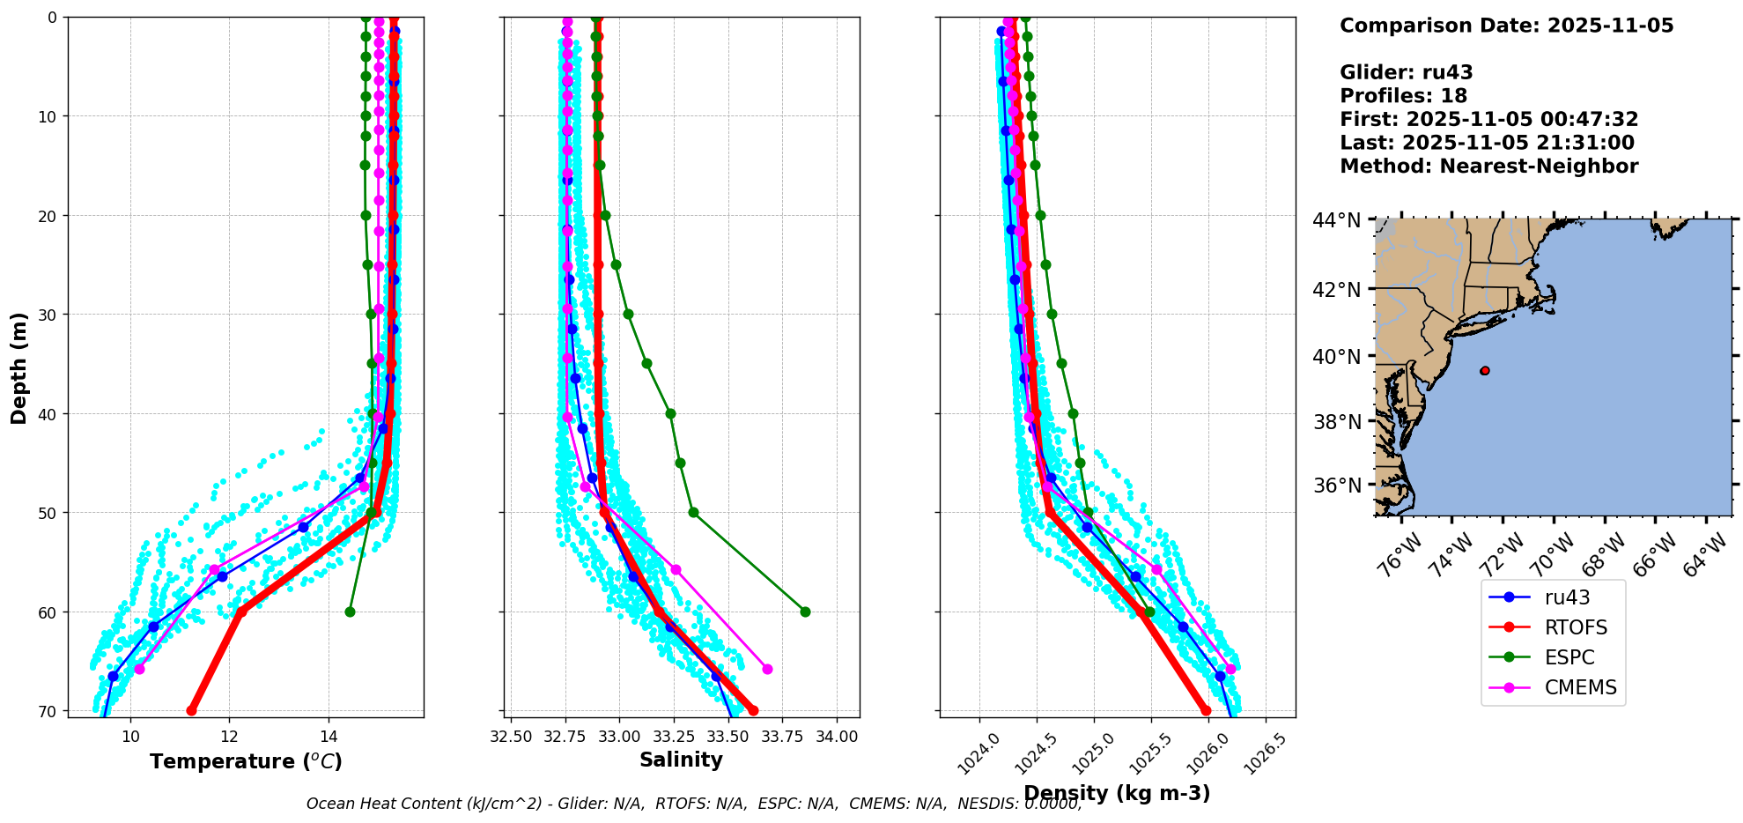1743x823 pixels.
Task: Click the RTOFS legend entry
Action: [x=1575, y=627]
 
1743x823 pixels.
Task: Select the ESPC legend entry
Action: [x=1569, y=657]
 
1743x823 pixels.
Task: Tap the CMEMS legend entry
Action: [x=1580, y=687]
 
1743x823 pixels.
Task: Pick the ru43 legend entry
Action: [x=1567, y=597]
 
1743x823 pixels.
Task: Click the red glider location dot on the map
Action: [x=1485, y=371]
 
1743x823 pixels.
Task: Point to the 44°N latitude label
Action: [x=1336, y=220]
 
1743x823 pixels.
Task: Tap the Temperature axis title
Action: [x=246, y=761]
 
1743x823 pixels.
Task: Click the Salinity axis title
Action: [x=681, y=760]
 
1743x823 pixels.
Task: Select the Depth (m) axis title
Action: [x=18, y=367]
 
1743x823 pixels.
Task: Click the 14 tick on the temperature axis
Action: [x=329, y=737]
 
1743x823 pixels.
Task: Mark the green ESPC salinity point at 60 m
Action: [x=805, y=612]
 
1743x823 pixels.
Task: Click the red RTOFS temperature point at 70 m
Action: [x=192, y=710]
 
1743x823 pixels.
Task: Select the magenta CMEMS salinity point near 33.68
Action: [x=767, y=669]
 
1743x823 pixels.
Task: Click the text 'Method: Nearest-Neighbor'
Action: [x=1488, y=167]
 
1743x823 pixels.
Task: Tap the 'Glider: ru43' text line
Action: [x=1406, y=72]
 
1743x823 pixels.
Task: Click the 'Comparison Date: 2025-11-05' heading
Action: [x=1506, y=26]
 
